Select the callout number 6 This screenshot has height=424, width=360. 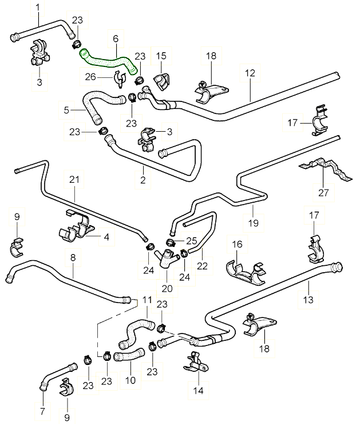[116, 38]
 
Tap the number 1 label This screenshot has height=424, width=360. [38, 7]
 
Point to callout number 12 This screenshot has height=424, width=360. [250, 73]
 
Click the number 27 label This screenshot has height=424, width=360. [323, 193]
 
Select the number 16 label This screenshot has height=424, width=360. [238, 245]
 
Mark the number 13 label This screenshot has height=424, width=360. [308, 299]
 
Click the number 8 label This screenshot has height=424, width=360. [73, 258]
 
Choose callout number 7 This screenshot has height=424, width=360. [42, 411]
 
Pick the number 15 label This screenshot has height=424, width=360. [161, 56]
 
